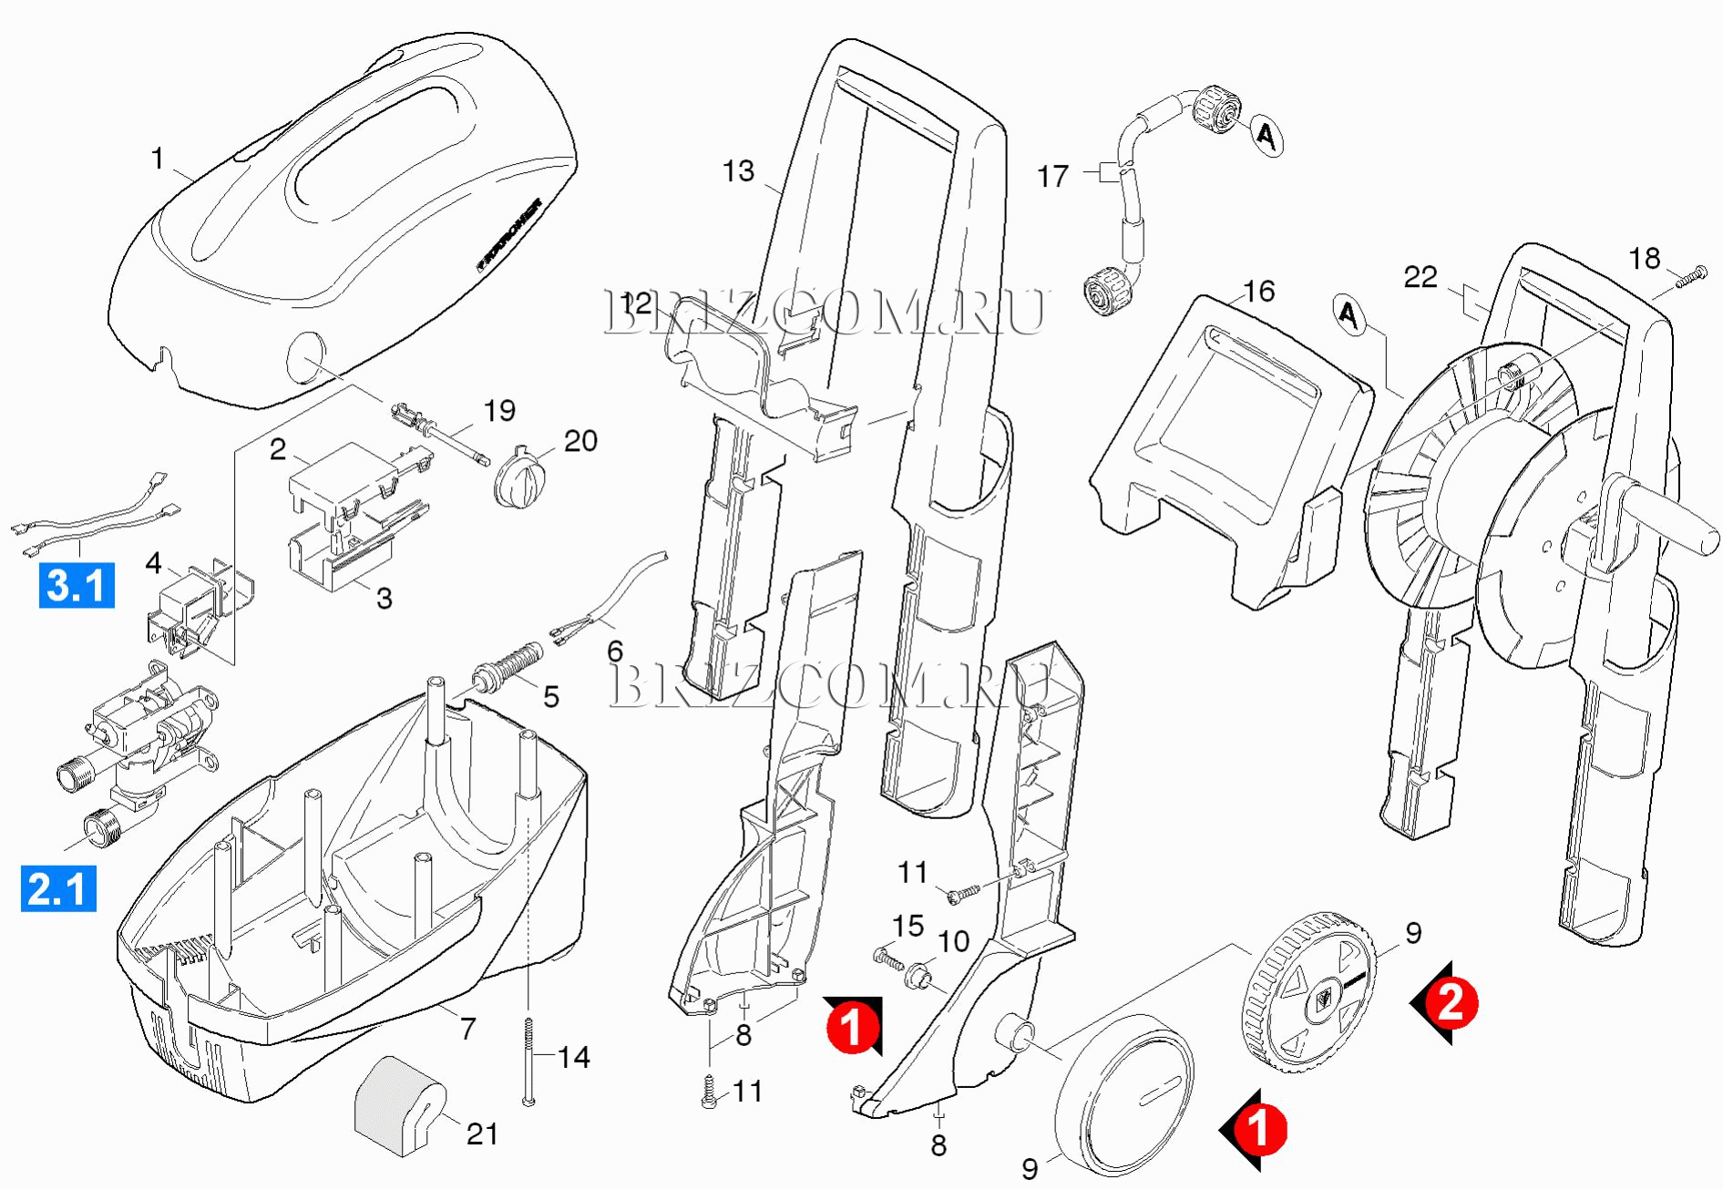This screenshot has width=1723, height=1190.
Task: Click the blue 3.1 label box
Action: [77, 585]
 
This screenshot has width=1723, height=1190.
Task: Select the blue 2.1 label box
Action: [58, 889]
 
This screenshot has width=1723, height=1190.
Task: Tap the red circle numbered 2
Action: [1450, 1002]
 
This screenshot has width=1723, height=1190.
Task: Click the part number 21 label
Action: [482, 1134]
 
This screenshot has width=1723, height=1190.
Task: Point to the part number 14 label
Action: [573, 1057]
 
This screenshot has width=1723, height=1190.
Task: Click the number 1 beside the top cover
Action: [158, 159]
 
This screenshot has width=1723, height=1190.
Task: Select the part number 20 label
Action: [580, 441]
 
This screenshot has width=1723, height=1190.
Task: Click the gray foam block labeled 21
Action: [398, 1104]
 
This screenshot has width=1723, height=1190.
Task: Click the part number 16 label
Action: [1258, 292]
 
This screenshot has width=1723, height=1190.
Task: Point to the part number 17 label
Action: [1052, 176]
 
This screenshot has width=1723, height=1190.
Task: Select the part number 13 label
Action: [738, 171]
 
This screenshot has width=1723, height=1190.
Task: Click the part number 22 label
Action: [1420, 277]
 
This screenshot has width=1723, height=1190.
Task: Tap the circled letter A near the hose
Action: [1266, 136]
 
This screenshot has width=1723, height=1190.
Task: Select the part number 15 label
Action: [908, 926]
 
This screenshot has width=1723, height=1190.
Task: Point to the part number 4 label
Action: [153, 563]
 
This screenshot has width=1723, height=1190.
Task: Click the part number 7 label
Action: [468, 1028]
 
